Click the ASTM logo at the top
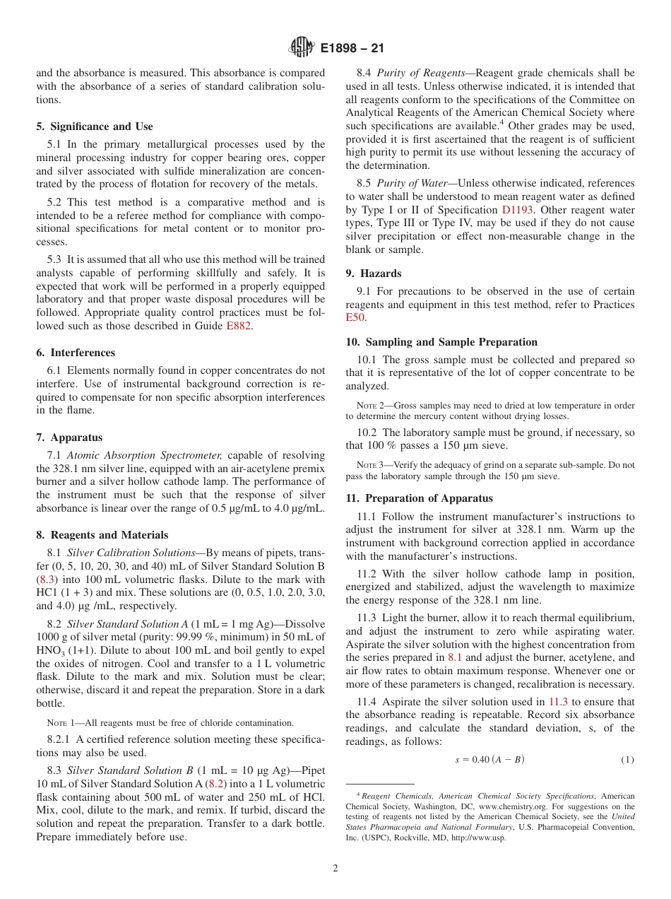tap(302, 48)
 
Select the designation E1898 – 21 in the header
tap(352, 49)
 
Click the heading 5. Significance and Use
tap(94, 127)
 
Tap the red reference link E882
tap(238, 326)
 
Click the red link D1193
tap(518, 210)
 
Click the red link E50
tap(355, 318)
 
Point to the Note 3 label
tap(366, 465)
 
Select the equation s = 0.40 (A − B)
tap(489, 760)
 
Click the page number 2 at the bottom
tap(335, 869)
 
